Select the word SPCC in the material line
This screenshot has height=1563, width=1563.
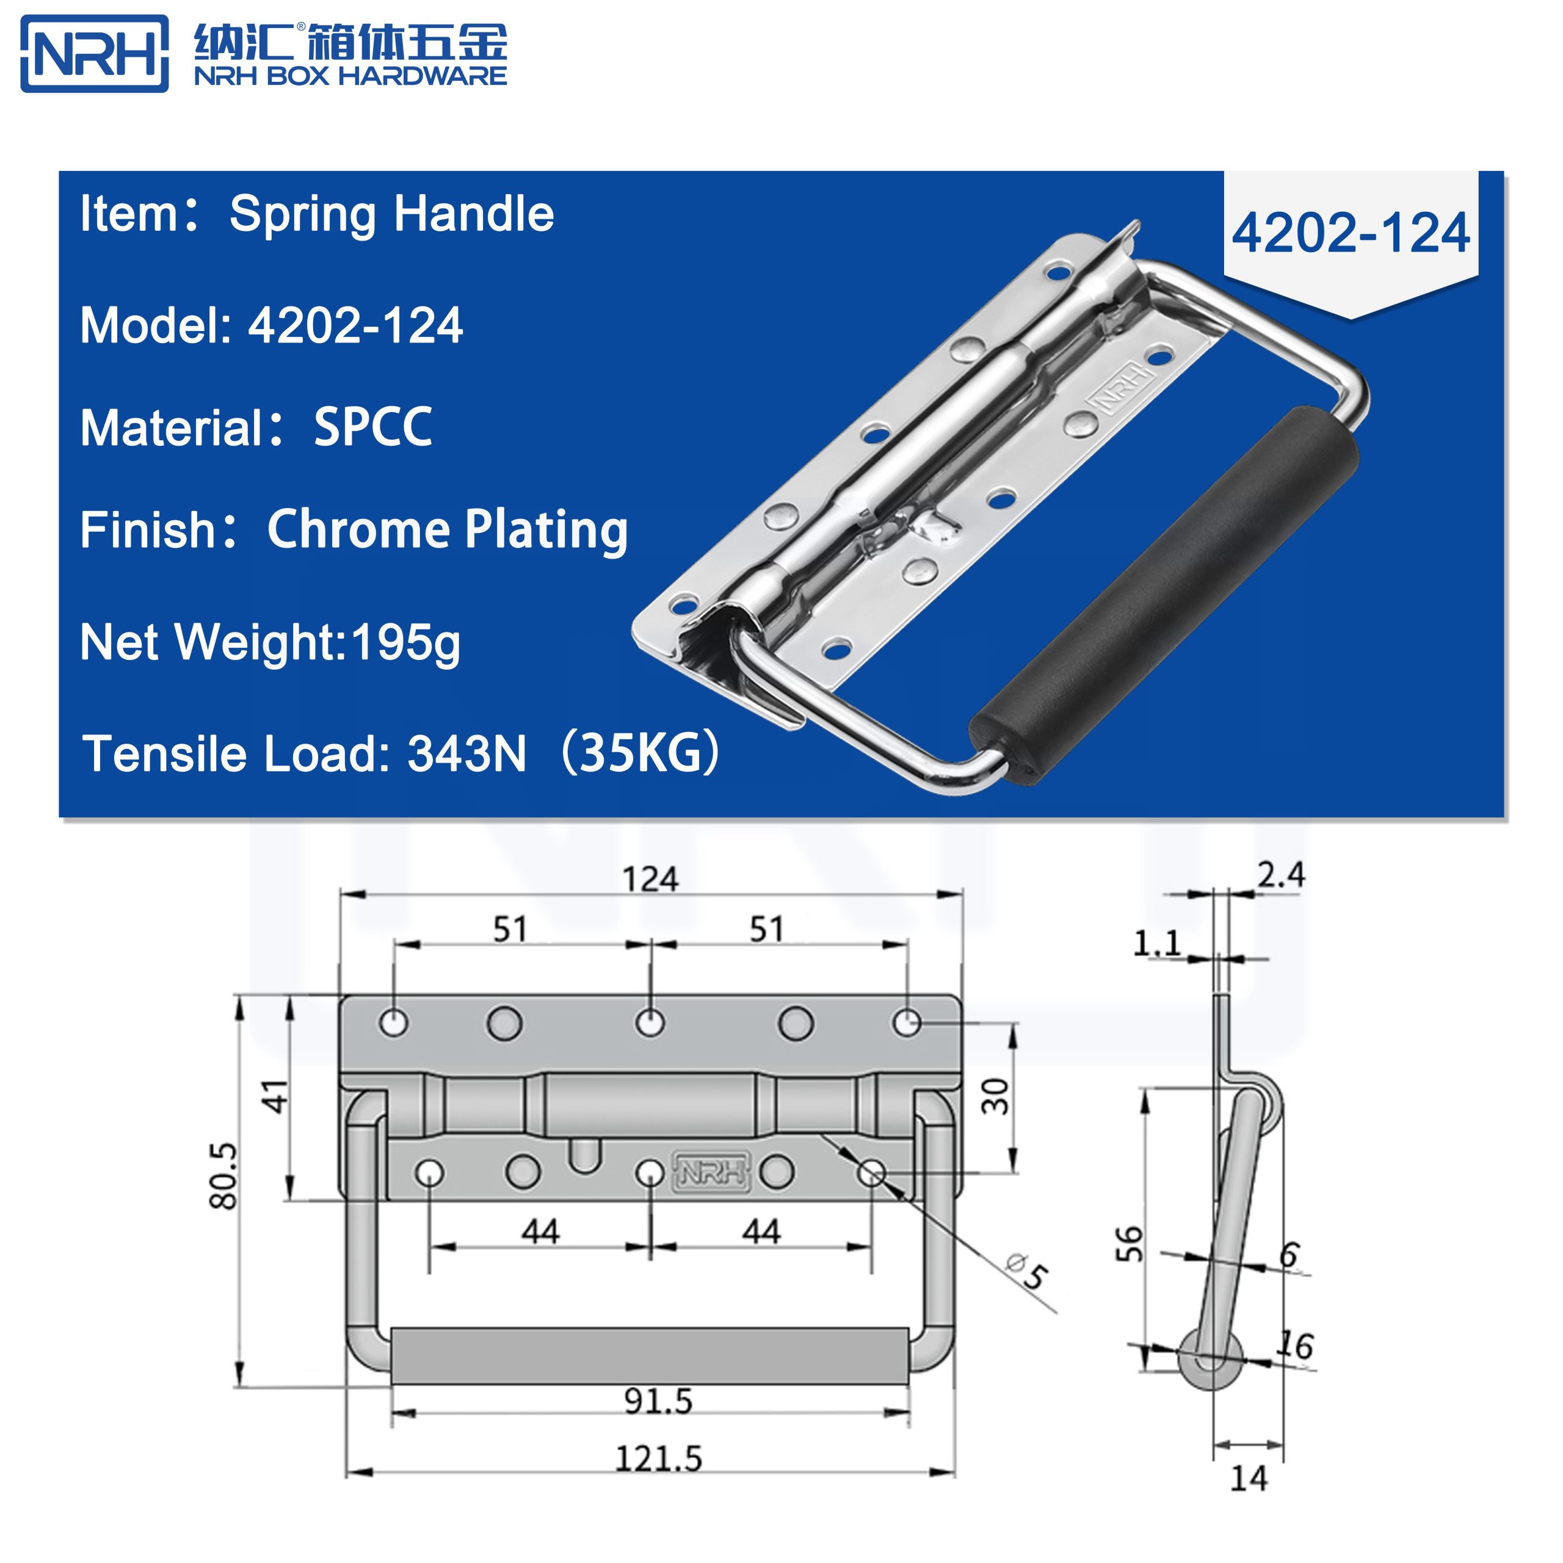click(x=372, y=427)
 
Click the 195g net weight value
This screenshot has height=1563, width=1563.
click(x=405, y=643)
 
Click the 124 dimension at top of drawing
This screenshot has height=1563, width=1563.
click(x=650, y=879)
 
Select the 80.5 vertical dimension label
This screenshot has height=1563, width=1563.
click(x=224, y=1175)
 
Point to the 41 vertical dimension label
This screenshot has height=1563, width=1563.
click(x=276, y=1096)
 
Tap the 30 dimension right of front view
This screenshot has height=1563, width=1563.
click(x=996, y=1096)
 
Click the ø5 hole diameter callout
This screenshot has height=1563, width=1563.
click(x=1028, y=1271)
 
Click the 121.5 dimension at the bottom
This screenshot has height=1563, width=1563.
click(x=658, y=1459)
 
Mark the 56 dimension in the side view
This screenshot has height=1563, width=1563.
click(x=1130, y=1244)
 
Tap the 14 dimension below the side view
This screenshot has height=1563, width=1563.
click(x=1249, y=1479)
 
